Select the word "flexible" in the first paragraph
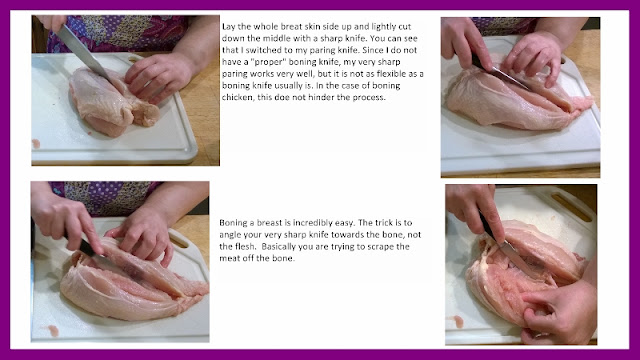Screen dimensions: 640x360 [x=402, y=74]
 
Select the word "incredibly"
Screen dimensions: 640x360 [x=316, y=223]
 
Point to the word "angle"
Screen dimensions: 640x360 [x=229, y=236]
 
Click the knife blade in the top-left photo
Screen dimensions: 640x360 [x=82, y=51]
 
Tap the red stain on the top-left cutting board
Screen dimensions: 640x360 [x=36, y=143]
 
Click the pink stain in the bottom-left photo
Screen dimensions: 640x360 [x=53, y=331]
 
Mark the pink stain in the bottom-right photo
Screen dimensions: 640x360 [x=459, y=322]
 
